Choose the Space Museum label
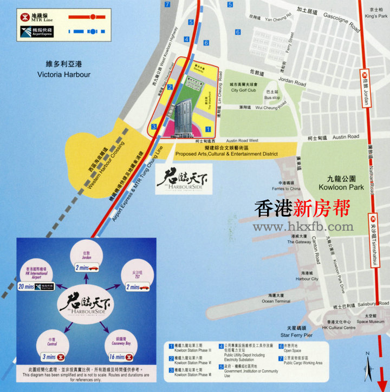[x=370, y=321]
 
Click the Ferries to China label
[x=288, y=188]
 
